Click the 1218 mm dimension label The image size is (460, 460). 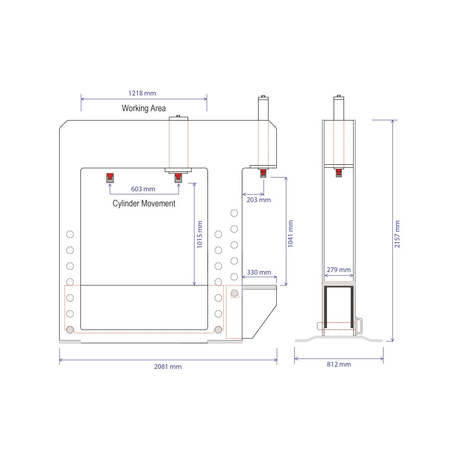click(x=142, y=93)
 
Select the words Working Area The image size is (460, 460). click(x=144, y=108)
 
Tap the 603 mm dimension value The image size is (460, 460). click(x=143, y=189)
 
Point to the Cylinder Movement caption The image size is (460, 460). click(x=144, y=204)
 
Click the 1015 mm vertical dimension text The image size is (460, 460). click(x=199, y=235)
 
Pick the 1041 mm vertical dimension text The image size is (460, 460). click(x=290, y=234)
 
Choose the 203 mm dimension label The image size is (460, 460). click(x=258, y=200)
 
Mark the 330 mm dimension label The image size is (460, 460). click(x=259, y=273)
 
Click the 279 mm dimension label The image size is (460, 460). click(x=338, y=270)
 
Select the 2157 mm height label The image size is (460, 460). click(x=397, y=234)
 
